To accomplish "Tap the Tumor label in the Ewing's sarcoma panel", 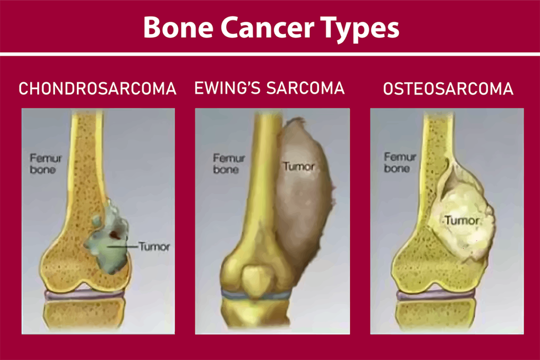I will click(298, 167).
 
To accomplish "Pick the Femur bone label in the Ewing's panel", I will click(226, 163).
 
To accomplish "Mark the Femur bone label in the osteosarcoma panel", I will click(400, 162).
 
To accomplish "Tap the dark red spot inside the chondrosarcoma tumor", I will click(115, 232).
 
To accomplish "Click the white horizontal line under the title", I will click(270, 54).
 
